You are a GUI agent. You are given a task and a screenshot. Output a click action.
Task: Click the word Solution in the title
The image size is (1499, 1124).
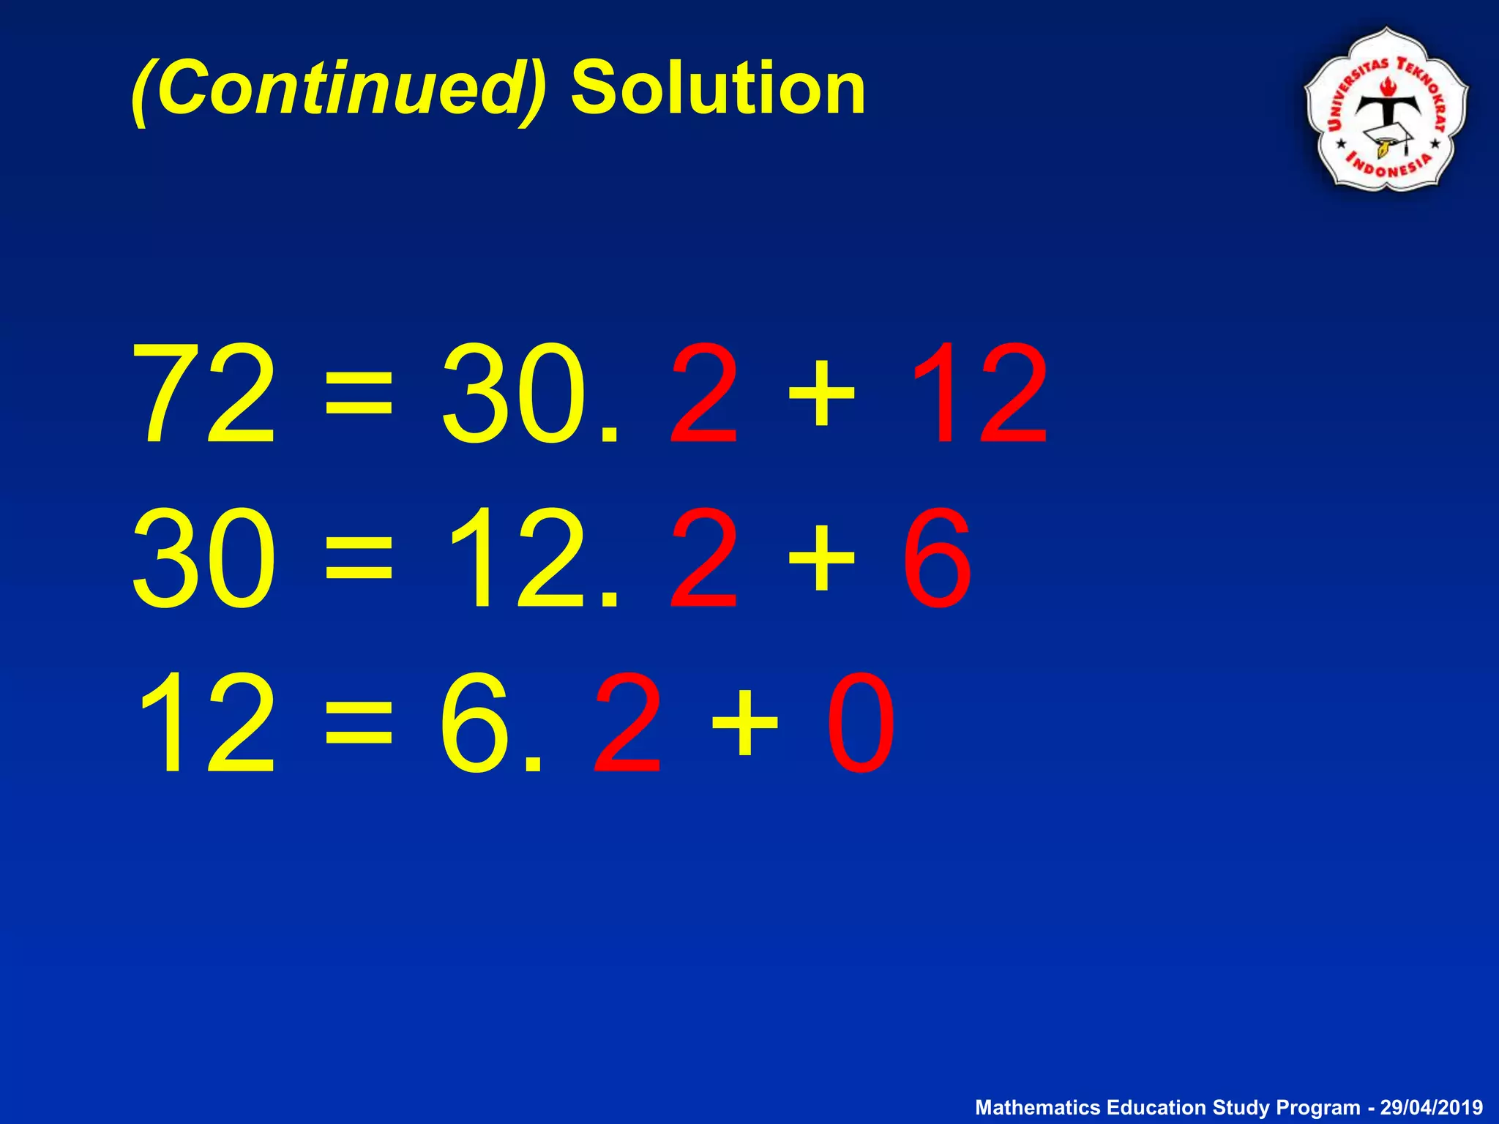click(718, 89)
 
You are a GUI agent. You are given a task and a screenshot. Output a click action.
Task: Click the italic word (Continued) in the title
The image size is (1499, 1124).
click(339, 89)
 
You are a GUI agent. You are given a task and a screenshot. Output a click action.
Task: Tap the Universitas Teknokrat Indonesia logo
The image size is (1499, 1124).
click(1386, 110)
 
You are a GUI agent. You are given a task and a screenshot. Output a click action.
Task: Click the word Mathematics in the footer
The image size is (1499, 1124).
click(1037, 1107)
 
